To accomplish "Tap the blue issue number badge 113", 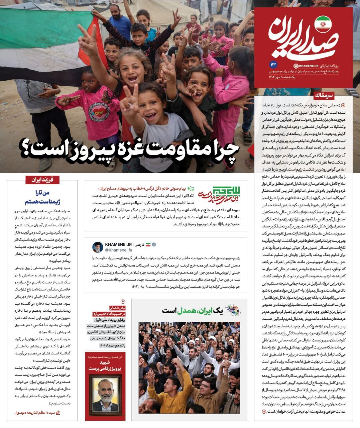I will click(x=272, y=64).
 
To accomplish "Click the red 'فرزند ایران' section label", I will click(x=43, y=180).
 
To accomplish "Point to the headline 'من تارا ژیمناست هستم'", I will click(x=43, y=197).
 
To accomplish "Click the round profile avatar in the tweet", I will click(x=98, y=247).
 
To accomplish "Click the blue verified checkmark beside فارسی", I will click(x=154, y=245).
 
